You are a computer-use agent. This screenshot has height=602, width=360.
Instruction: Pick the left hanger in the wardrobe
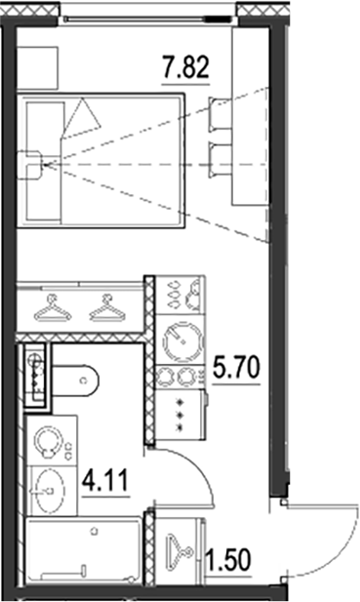(53, 311)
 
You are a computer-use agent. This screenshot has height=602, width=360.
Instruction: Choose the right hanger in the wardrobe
(106, 311)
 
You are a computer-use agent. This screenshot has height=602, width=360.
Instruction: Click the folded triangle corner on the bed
(84, 116)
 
